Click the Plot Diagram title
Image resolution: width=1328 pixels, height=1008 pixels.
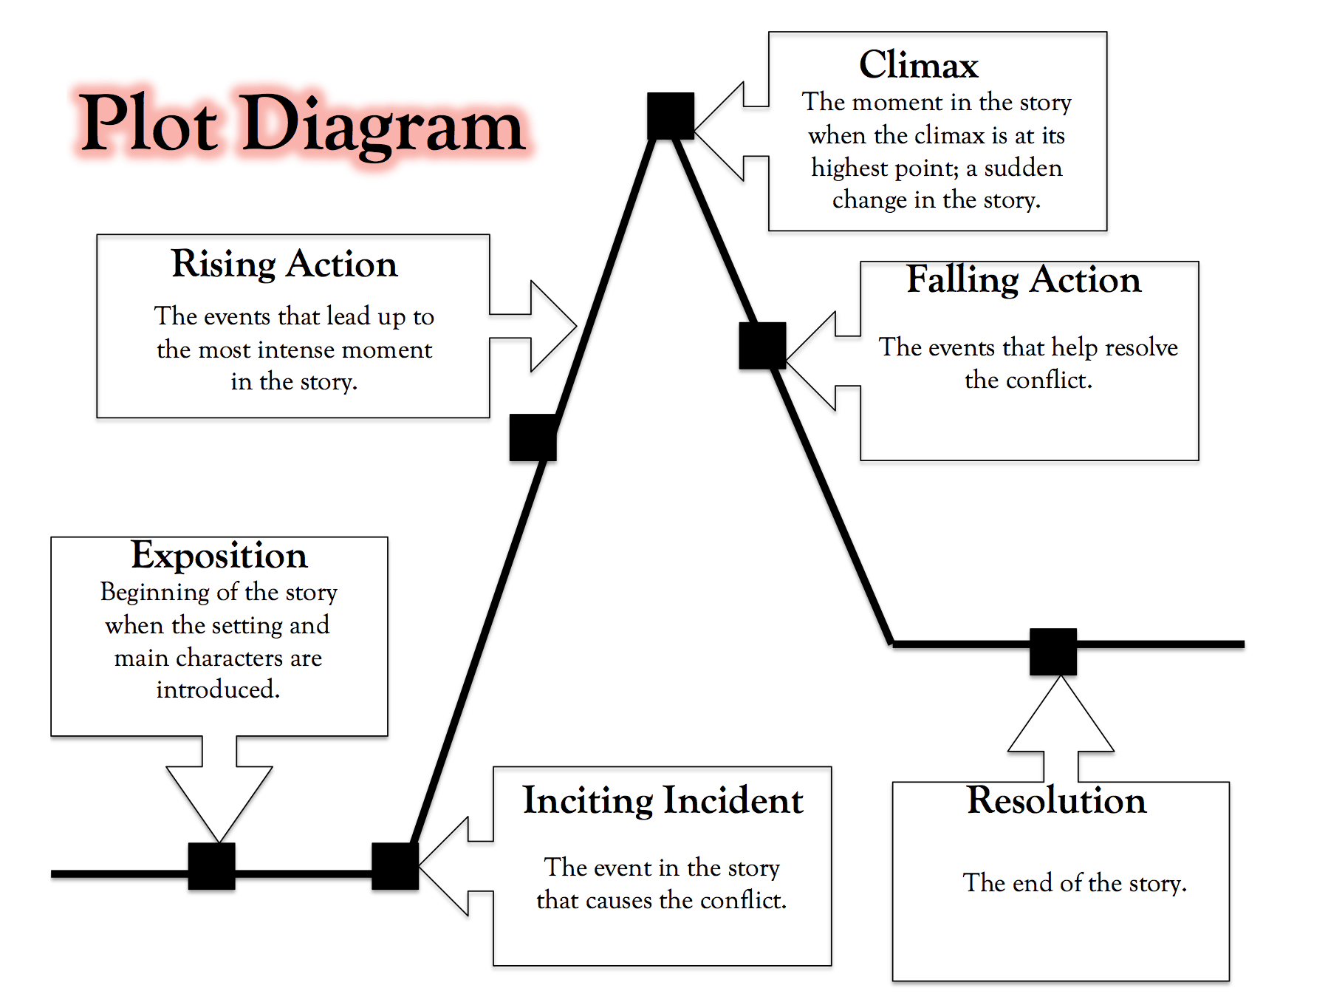(x=301, y=124)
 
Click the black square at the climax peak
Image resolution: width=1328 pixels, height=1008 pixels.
(x=671, y=116)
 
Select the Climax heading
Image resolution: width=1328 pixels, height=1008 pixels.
(x=918, y=65)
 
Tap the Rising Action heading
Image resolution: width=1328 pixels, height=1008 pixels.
(x=284, y=265)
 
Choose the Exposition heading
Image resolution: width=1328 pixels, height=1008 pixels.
(x=219, y=556)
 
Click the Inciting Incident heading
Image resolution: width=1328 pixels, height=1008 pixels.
(x=663, y=801)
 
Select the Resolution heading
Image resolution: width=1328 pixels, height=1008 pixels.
(x=1056, y=801)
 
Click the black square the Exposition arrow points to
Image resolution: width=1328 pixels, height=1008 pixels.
(x=212, y=866)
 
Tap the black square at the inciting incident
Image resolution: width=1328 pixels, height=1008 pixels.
(x=395, y=866)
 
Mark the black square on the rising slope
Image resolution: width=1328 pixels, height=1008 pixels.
(x=533, y=437)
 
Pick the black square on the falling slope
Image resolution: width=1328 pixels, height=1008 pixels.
(x=762, y=346)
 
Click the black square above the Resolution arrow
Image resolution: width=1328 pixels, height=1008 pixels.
(x=1053, y=652)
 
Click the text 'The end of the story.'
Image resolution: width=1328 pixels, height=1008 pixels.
(x=1074, y=883)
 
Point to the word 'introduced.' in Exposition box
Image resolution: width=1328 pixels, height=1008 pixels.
(x=218, y=689)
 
